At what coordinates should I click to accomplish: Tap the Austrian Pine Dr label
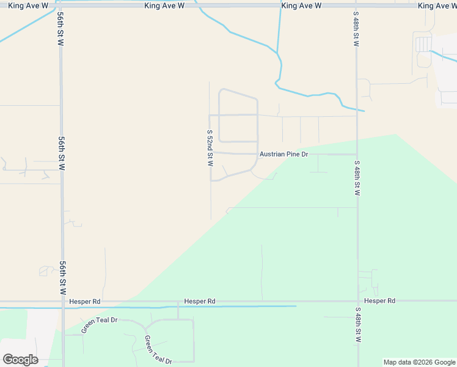(283, 155)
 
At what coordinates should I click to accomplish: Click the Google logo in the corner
(20, 360)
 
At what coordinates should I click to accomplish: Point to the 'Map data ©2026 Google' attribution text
(420, 362)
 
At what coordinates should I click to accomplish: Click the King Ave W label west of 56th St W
(28, 6)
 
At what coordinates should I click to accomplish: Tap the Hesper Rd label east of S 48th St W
(379, 301)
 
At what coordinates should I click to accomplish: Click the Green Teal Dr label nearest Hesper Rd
(98, 325)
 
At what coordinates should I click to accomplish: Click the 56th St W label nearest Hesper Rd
(63, 278)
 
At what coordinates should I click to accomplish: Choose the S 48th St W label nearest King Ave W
(356, 29)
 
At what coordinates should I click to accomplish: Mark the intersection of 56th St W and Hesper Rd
(61, 302)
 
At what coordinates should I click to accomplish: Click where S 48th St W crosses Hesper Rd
(357, 301)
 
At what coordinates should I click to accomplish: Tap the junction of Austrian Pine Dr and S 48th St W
(357, 154)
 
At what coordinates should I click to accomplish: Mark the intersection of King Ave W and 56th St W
(61, 6)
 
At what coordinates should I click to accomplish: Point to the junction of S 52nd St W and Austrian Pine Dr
(211, 152)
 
